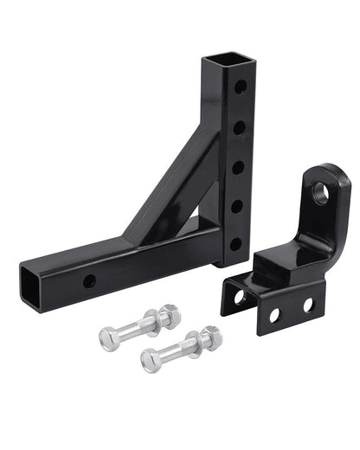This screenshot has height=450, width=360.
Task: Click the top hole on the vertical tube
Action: click(x=241, y=87)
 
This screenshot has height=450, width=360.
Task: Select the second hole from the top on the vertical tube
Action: click(x=239, y=126)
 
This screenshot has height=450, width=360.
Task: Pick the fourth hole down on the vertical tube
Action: click(x=235, y=206)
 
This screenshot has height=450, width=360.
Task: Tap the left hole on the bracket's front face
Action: click(x=274, y=315)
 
